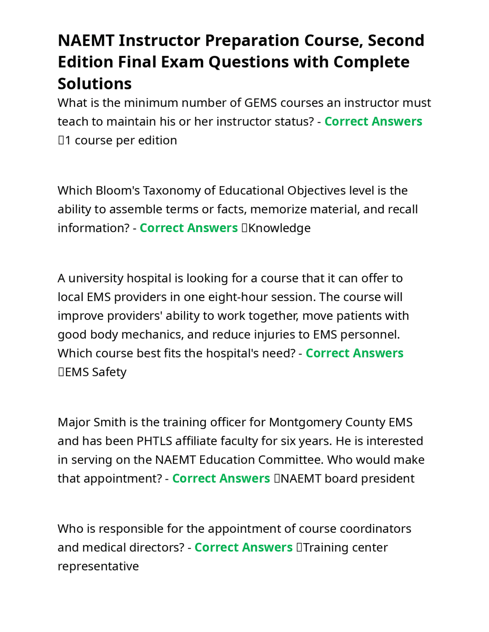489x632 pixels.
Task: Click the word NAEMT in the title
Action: coord(86,40)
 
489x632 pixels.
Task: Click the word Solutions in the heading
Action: coord(94,84)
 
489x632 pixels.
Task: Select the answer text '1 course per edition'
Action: coord(121,140)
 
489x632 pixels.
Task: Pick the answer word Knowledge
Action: coord(279,228)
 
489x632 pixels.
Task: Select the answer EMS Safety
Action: coord(96,372)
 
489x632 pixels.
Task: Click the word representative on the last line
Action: coord(98,566)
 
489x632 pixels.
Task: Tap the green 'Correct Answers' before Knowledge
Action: coord(189,228)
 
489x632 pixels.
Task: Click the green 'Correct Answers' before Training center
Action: coord(243,548)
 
